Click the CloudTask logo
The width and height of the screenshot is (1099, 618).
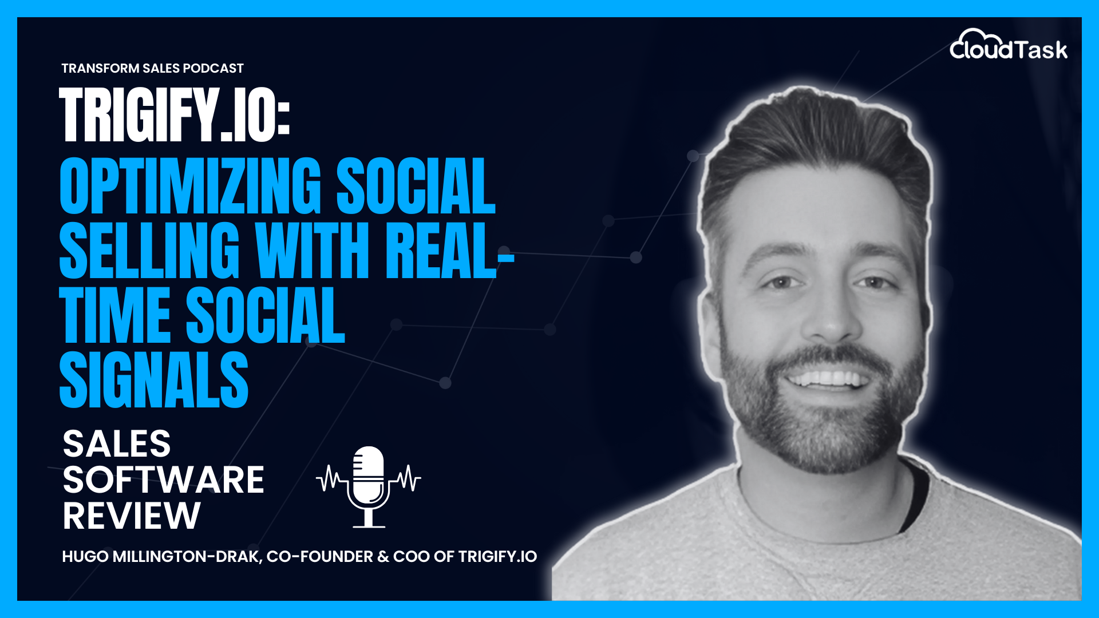[x=1009, y=46]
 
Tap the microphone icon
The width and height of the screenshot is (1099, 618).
[x=369, y=486]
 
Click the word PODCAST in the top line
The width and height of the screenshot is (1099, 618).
[x=214, y=69]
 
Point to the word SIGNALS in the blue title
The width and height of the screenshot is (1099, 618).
[x=153, y=380]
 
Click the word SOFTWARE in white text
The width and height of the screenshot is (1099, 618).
[x=163, y=480]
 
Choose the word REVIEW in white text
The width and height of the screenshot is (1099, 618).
[x=132, y=516]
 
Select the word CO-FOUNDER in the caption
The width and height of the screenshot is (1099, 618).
[x=319, y=557]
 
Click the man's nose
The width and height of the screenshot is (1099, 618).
[x=830, y=320]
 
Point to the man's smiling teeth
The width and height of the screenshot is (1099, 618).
[x=828, y=378]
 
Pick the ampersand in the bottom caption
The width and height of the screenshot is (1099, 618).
[x=383, y=557]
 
